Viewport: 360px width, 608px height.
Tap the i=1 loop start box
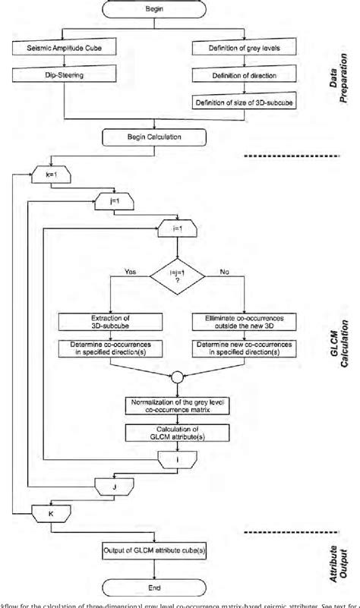[x=177, y=226]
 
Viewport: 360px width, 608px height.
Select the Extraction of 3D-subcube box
[x=110, y=321]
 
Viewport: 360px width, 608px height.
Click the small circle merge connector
[x=176, y=376]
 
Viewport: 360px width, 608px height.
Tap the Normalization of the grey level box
[x=176, y=405]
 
